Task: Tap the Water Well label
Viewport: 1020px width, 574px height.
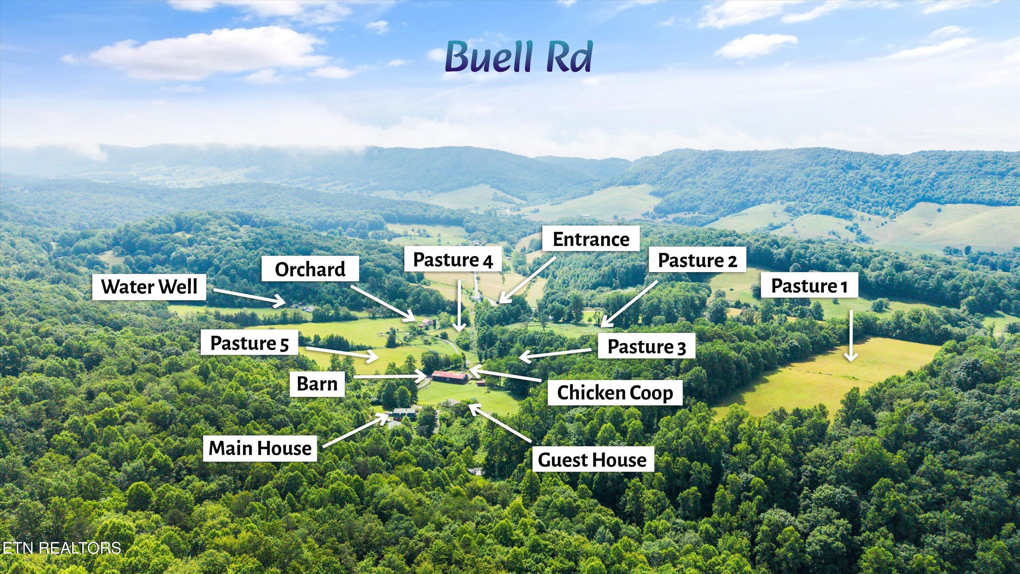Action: point(149,286)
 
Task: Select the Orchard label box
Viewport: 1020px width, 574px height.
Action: point(310,269)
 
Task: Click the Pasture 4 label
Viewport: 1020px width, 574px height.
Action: point(453,260)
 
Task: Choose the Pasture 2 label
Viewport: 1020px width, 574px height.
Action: point(697,260)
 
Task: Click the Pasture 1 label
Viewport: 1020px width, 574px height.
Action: point(809,285)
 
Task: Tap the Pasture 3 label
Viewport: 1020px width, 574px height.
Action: point(646,346)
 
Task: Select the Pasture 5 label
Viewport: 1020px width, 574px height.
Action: point(250,343)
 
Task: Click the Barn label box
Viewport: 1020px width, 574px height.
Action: point(317,384)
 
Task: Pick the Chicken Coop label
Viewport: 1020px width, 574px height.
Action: point(615,392)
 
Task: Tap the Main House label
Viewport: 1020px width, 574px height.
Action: point(260,448)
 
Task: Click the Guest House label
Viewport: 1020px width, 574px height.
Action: point(592,459)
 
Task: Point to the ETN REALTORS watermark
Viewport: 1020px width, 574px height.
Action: point(62,548)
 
